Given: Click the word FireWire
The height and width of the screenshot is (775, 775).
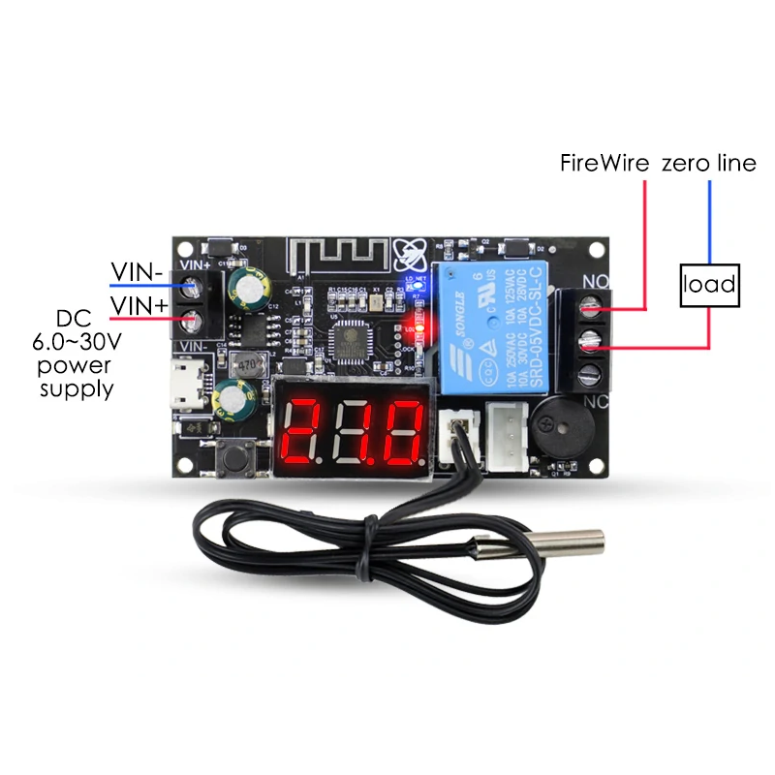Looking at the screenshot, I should point(604,163).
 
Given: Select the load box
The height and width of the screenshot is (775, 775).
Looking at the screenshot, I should point(709,285).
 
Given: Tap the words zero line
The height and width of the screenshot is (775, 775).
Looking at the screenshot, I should point(708,163).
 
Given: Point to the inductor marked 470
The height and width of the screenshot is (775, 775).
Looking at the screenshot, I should point(249,365).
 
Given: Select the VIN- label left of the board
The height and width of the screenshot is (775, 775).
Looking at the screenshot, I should point(137,272).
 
